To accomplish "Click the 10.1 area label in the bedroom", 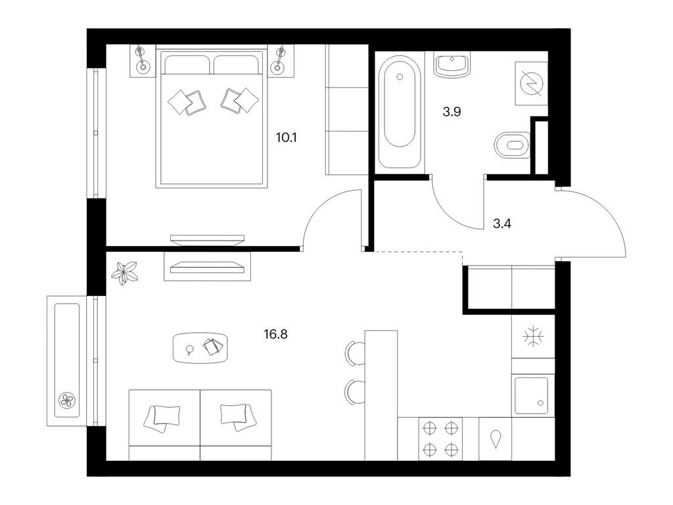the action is pos(287,138).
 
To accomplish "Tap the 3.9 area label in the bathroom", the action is pos(452,112).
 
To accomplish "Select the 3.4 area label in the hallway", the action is pos(501,224).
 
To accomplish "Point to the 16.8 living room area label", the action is pos(275,333).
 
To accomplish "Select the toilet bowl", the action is pos(513,145).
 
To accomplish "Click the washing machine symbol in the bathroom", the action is pos(531,83).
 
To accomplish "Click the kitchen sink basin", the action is pos(531,396).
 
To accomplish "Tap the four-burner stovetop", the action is pos(441,439).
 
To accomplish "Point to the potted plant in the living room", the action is pos(125,273).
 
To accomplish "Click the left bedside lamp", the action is pos(142,59).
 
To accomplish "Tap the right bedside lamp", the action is pos(279,59).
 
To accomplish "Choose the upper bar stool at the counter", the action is pos(355,353).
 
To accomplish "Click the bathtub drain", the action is pos(400,78).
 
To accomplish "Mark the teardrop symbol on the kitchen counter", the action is pos(496,439).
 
